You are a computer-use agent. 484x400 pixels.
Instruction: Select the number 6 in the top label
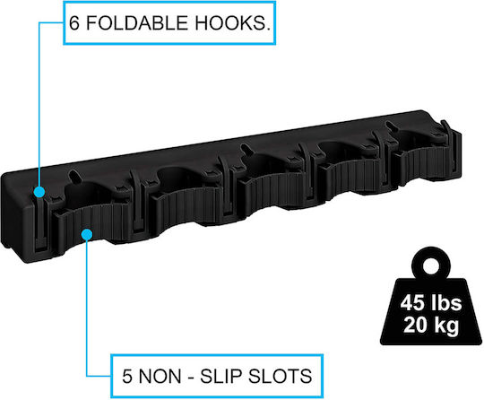pyautogui.click(x=74, y=22)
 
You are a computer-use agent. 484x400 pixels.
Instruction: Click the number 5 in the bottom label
pyautogui.click(x=127, y=376)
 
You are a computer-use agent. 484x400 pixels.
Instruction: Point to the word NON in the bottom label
pyautogui.click(x=160, y=376)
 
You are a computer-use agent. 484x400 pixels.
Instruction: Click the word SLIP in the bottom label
pyautogui.click(x=220, y=376)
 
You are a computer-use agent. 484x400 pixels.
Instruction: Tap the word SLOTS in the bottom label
pyautogui.click(x=280, y=376)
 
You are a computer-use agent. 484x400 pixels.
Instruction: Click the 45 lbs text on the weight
pyautogui.click(x=431, y=303)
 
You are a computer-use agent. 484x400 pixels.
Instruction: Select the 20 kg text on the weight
pyautogui.click(x=431, y=325)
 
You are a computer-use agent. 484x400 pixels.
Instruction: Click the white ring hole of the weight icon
pyautogui.click(x=431, y=266)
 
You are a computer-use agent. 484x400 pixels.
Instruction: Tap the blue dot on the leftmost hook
pyautogui.click(x=39, y=192)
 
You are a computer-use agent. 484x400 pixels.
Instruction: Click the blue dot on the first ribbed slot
pyautogui.click(x=87, y=234)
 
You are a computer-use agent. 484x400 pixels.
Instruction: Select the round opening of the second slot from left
pyautogui.click(x=176, y=178)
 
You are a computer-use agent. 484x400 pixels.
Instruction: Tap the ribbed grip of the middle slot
pyautogui.click(x=272, y=190)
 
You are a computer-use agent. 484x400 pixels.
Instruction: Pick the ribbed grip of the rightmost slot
pyautogui.click(x=421, y=164)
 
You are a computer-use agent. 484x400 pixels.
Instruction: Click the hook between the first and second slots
pyautogui.click(x=137, y=201)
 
